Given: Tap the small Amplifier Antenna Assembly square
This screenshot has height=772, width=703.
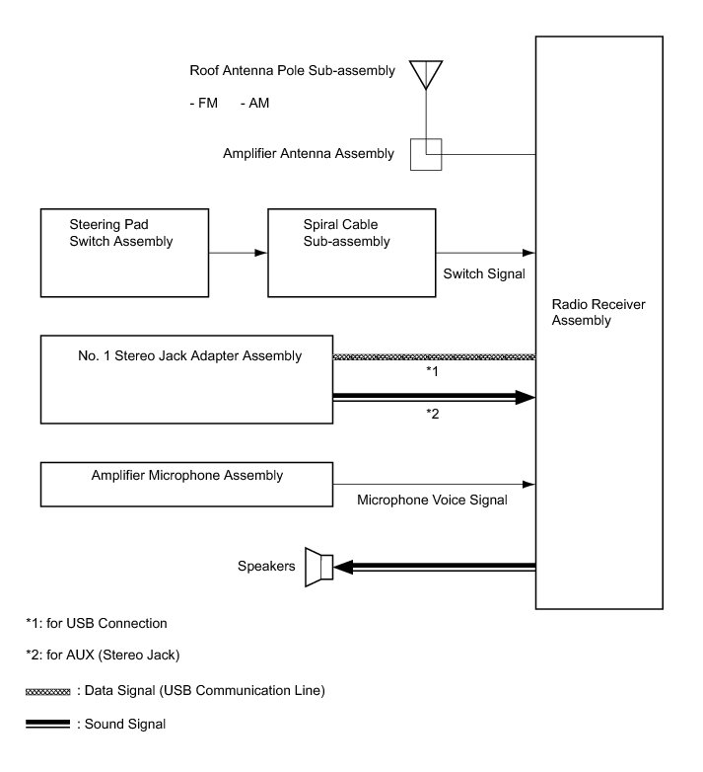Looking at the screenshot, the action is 426,155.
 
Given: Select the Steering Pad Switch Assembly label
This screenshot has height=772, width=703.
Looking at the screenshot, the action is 121,233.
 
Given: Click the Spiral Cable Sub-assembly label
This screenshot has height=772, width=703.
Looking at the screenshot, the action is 347,233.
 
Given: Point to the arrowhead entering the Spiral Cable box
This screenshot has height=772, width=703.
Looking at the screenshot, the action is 261,253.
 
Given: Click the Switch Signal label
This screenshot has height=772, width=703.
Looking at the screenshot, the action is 484,273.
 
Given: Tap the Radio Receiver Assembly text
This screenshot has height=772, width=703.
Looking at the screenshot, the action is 598,312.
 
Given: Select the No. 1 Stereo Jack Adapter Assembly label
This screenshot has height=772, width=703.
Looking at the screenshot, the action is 189,355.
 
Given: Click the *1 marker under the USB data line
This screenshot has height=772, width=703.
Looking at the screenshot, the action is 432,371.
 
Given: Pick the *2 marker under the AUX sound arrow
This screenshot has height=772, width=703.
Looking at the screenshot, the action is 432,414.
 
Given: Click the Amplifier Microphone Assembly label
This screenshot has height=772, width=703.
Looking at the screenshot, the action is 187,476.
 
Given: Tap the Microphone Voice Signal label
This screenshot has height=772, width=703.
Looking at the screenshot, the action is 432,501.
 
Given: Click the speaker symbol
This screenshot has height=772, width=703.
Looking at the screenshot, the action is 319,568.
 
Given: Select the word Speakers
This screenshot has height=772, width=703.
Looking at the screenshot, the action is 266,567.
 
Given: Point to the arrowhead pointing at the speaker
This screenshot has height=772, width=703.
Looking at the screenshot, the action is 343,568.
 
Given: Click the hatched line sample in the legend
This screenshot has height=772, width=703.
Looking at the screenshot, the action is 47,692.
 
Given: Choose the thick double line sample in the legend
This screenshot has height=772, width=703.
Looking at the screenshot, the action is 47,724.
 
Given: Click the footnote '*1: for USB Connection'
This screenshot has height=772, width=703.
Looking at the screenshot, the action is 97,623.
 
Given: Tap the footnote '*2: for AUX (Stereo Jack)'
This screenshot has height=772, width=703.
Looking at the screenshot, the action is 103,656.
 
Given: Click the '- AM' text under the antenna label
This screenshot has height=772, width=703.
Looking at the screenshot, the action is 254,103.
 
